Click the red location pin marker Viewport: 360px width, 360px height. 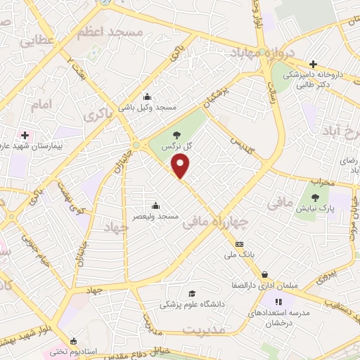coord(181,166)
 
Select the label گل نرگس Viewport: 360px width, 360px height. coord(177,146)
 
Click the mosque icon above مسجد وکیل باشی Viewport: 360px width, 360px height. coord(147,97)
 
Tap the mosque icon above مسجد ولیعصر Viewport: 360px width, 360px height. coord(155,206)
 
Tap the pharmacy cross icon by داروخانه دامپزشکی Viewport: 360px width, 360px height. coord(313,64)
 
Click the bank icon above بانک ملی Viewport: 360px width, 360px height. coord(240,244)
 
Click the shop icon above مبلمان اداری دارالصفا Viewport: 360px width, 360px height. coord(264,275)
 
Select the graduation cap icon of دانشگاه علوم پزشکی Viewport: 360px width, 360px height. coord(191,294)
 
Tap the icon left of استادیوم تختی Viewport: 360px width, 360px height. coord(74,340)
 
